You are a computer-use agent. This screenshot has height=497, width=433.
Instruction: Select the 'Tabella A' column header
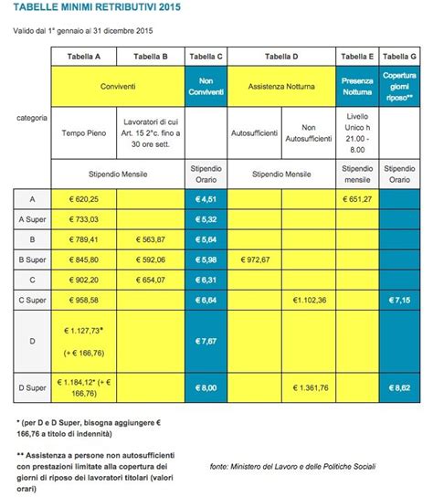click(84, 57)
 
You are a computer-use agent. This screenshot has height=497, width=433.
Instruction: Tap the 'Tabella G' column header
click(399, 57)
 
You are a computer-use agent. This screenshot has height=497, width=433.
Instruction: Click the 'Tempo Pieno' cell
click(84, 131)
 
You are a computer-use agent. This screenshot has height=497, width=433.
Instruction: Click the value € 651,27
click(356, 198)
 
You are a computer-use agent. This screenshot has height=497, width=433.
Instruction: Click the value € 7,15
click(399, 299)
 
